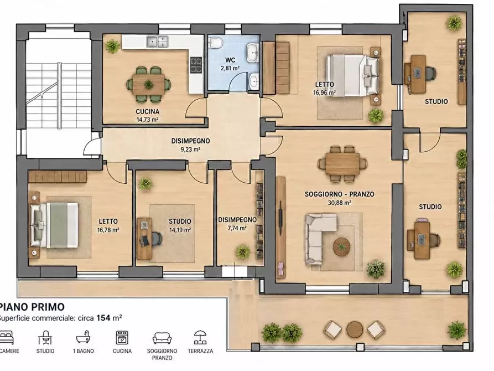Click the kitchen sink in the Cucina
point(157,42)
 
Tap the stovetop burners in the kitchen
point(196,65)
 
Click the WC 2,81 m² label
point(230,64)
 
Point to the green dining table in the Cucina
point(149,84)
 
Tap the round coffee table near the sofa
point(341,245)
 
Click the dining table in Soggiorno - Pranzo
point(342,164)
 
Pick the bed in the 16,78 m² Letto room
point(54,225)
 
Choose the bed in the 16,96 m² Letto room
point(352,75)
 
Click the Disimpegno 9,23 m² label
point(191,145)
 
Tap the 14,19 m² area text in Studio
point(180,230)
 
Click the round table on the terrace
point(355,329)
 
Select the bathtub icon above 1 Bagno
point(84,338)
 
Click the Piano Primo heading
point(32,307)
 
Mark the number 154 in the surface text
point(103,318)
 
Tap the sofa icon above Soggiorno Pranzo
point(162,338)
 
